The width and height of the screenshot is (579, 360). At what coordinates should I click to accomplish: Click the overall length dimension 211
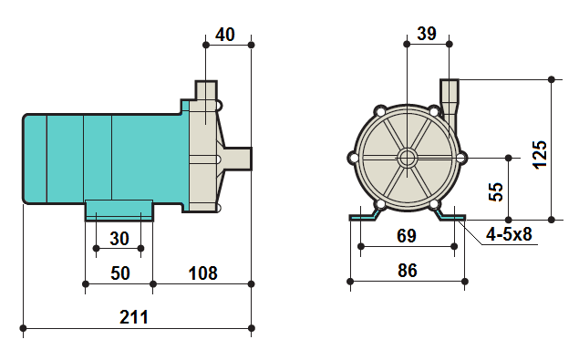[134, 317]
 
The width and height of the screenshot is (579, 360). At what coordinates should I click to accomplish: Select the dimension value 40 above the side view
[225, 35]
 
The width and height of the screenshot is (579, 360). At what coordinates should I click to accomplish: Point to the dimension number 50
[119, 273]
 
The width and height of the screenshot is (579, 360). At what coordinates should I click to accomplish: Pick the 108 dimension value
[202, 273]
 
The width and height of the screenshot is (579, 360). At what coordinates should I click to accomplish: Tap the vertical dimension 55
[496, 191]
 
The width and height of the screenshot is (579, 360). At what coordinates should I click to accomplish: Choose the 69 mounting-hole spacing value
[407, 236]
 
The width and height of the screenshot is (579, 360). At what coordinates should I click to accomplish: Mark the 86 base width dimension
[407, 270]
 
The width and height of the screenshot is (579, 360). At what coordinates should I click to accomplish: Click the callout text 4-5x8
[509, 234]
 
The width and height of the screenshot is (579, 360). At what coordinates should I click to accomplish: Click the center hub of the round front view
[407, 158]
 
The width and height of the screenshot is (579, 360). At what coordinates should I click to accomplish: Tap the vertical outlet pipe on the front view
[450, 95]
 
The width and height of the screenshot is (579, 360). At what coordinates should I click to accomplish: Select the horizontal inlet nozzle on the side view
[239, 158]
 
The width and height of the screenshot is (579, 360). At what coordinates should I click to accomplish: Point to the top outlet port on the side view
[206, 93]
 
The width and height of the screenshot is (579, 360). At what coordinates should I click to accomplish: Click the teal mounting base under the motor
[119, 210]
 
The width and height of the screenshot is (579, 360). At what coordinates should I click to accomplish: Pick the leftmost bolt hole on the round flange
[353, 158]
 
